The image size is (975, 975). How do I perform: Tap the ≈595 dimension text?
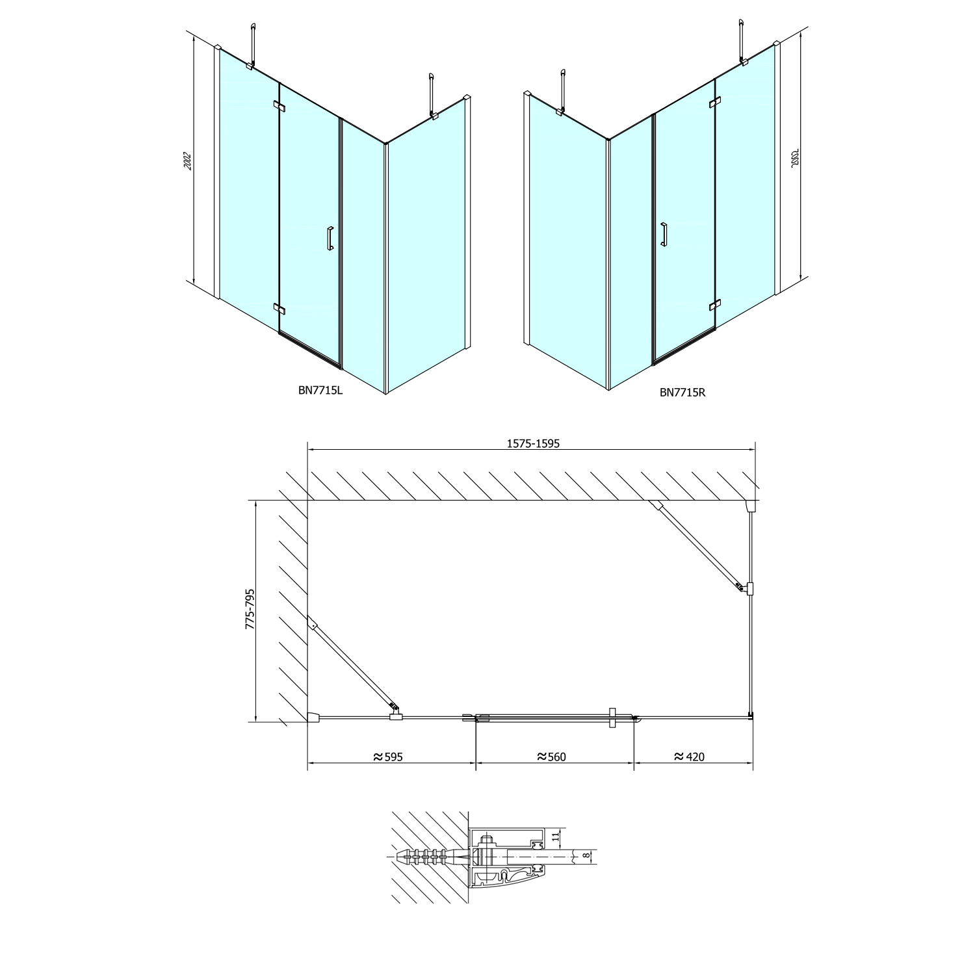[388, 757]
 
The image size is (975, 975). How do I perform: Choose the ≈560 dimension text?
[552, 757]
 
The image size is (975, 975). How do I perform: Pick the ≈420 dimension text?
[689, 757]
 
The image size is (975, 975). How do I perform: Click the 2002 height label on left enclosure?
[187, 161]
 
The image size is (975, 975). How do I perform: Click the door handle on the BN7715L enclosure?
[330, 239]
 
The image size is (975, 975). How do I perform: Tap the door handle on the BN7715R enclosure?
[663, 235]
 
